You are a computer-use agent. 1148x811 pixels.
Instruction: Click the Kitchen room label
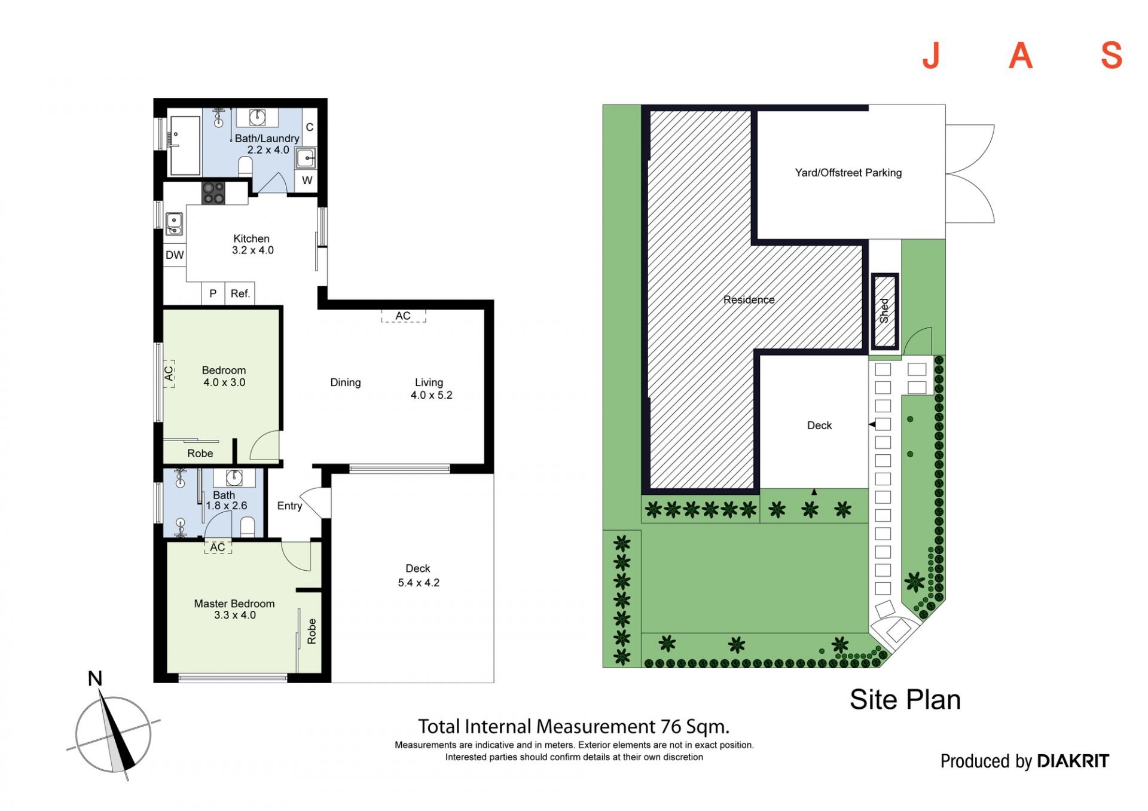point(251,238)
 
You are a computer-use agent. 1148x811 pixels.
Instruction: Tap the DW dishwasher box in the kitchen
point(175,255)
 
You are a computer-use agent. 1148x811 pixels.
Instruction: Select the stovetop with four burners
point(213,193)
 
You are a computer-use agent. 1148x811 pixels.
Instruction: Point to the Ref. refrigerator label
point(240,293)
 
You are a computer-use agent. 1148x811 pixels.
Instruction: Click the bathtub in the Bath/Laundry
point(185,145)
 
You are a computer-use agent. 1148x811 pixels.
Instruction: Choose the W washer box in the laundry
point(307,180)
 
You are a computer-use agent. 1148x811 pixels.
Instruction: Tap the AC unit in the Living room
point(403,316)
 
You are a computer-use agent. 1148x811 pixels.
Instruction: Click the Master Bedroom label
point(234,604)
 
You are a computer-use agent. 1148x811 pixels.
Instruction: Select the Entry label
point(289,506)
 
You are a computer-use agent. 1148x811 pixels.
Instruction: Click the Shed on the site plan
point(884,311)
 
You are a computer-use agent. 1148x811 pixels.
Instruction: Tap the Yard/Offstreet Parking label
point(848,173)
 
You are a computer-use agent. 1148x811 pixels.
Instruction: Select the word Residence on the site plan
point(749,299)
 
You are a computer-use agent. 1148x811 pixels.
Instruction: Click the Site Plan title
point(905,700)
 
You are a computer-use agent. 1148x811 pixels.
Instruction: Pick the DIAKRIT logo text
point(1073,761)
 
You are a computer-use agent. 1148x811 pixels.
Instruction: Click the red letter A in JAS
point(1021,56)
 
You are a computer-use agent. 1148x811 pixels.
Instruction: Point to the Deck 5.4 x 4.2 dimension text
point(419,583)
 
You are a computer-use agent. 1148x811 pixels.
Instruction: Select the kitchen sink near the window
point(174,224)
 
